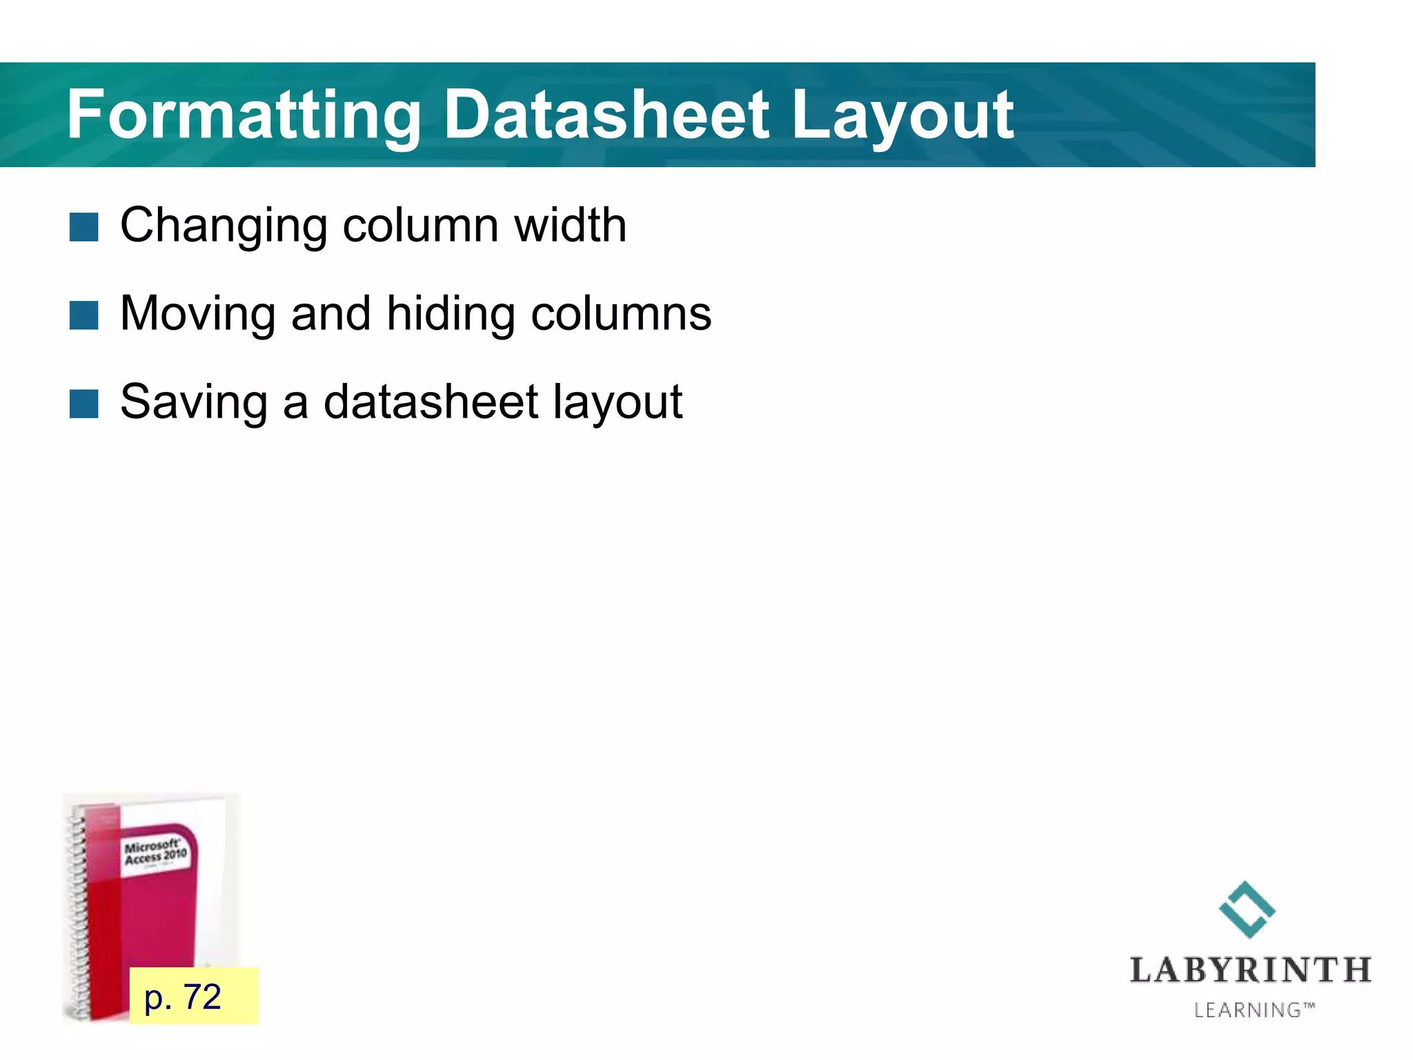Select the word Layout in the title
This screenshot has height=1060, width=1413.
click(902, 116)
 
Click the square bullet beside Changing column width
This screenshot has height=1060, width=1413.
click(84, 227)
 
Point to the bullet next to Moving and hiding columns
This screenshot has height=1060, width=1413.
click(84, 315)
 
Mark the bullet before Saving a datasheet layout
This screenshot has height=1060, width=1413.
click(84, 404)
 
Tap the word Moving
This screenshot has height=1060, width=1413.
click(197, 314)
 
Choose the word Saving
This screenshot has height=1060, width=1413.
click(194, 402)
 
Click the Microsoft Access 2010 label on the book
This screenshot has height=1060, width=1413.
click(155, 853)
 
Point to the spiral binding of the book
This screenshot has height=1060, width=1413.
click(78, 911)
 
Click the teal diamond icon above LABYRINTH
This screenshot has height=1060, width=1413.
click(1247, 910)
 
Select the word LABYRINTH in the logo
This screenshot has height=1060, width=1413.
click(1250, 970)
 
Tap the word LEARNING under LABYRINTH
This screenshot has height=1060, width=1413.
click(1247, 1010)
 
